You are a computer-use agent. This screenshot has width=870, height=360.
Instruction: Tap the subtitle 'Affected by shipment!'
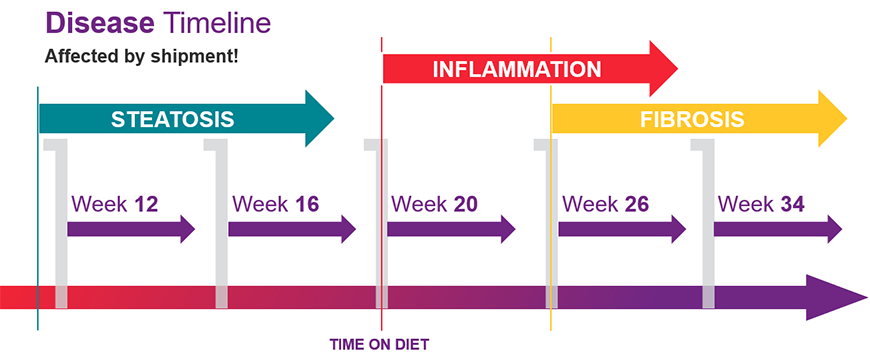click(x=141, y=55)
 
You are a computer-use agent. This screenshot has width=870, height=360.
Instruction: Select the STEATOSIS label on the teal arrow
click(x=173, y=119)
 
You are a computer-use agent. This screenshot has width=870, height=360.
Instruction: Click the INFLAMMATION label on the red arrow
click(x=516, y=69)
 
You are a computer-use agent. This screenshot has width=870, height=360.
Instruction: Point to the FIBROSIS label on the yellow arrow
click(x=692, y=119)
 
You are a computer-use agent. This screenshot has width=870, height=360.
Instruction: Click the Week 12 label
click(x=115, y=204)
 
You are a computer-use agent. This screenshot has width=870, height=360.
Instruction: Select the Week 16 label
click(x=276, y=204)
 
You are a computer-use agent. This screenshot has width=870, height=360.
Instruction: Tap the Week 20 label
click(x=434, y=204)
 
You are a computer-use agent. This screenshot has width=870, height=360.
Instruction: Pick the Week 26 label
click(x=605, y=204)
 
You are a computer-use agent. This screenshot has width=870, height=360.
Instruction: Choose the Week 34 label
click(x=761, y=204)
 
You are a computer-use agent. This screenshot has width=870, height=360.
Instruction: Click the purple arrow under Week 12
click(x=130, y=228)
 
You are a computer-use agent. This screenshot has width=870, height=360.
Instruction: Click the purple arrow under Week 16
click(x=291, y=228)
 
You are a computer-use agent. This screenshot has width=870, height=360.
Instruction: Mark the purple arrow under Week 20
click(x=450, y=228)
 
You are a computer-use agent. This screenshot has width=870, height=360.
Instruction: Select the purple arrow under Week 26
click(x=621, y=228)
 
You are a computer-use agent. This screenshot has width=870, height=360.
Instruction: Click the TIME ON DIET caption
click(x=379, y=345)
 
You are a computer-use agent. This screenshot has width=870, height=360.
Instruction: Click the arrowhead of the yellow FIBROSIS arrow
click(x=832, y=119)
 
